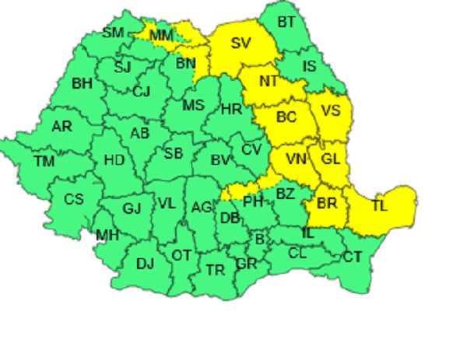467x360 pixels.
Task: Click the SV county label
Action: pyautogui.click(x=241, y=43)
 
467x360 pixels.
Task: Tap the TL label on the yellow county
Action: pyautogui.click(x=379, y=206)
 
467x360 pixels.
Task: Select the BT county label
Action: pyautogui.click(x=286, y=22)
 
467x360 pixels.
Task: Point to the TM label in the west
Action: pyautogui.click(x=44, y=162)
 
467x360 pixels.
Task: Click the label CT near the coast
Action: pyautogui.click(x=353, y=257)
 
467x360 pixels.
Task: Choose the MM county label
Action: pyautogui.click(x=161, y=35)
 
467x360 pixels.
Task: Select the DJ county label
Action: pyautogui.click(x=145, y=264)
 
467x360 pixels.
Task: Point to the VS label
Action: pyautogui.click(x=331, y=110)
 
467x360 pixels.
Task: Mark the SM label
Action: pyautogui.click(x=114, y=32)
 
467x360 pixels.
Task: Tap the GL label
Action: pyautogui.click(x=331, y=159)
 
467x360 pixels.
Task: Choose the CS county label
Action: pyautogui.click(x=73, y=199)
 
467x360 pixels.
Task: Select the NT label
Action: pyautogui.click(x=269, y=81)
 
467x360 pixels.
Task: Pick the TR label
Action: pyautogui.click(x=216, y=270)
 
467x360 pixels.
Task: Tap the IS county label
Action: pyautogui.click(x=309, y=67)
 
